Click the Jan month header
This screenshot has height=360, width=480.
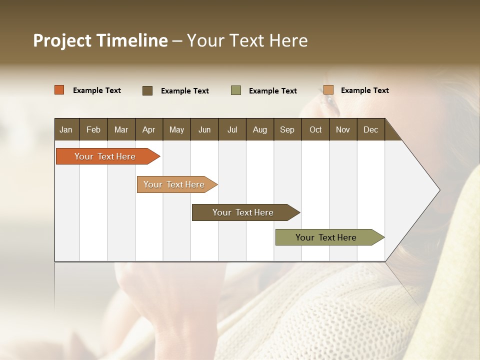click(x=66, y=129)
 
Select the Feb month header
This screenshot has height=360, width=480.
click(x=93, y=129)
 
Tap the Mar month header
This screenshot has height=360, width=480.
click(x=121, y=129)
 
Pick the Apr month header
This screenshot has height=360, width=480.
click(x=148, y=129)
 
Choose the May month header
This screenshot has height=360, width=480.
click(x=176, y=129)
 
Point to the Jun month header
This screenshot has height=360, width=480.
click(x=204, y=129)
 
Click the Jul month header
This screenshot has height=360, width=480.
click(x=232, y=129)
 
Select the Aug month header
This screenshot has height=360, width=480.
click(x=259, y=129)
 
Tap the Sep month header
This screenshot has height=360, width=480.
click(x=287, y=129)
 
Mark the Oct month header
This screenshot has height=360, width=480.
click(x=315, y=129)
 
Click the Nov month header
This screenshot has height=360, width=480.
click(x=343, y=129)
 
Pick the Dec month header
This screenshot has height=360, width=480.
click(x=370, y=129)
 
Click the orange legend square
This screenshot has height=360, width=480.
click(x=59, y=90)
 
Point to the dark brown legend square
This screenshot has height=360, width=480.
click(x=147, y=90)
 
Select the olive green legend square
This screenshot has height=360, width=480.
click(x=236, y=90)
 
